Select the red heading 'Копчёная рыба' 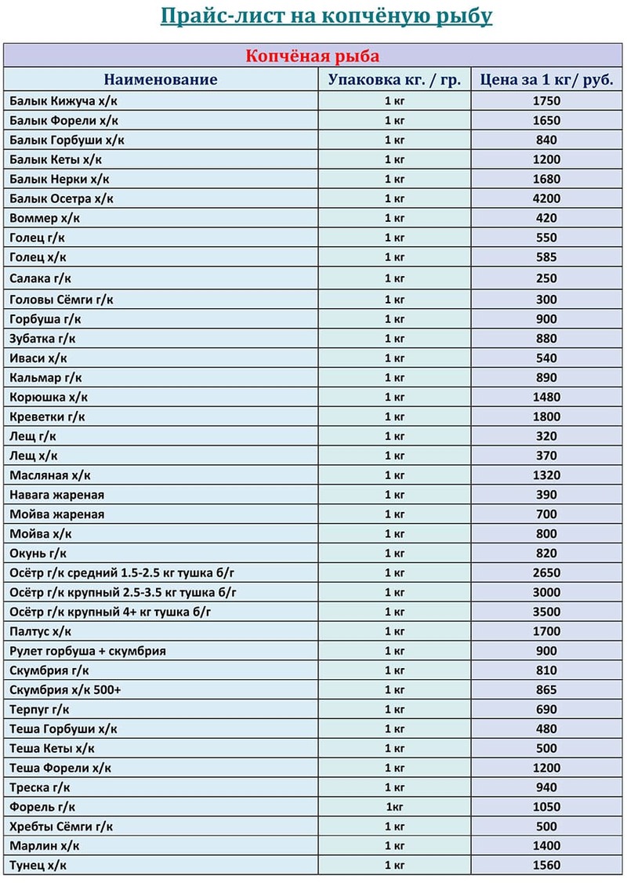click(x=313, y=56)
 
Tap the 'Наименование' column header click(x=161, y=80)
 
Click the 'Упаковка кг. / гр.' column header click(x=394, y=80)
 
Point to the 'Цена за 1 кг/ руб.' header click(x=545, y=80)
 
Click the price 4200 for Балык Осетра click(x=545, y=199)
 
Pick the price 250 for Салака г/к click(x=545, y=278)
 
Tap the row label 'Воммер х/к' click(x=45, y=219)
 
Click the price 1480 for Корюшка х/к click(x=545, y=398)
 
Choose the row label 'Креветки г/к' click(x=48, y=417)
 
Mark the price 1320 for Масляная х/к click(x=545, y=475)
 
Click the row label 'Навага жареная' click(x=57, y=495)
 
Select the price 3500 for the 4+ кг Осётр click(x=545, y=612)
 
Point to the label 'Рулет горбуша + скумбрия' click(x=88, y=651)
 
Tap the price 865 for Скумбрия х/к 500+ click(x=545, y=690)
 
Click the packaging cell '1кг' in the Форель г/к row click(x=394, y=807)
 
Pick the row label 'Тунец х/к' click(x=38, y=866)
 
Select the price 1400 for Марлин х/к click(x=545, y=846)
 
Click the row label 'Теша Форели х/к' click(x=60, y=768)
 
